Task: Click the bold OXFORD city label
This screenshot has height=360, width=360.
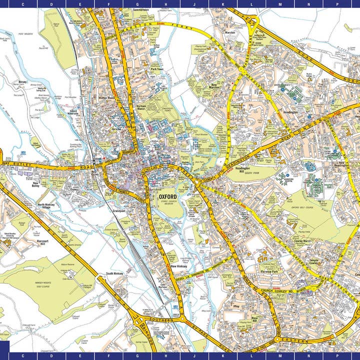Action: point(167,197)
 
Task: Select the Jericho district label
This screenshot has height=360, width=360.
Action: point(117,128)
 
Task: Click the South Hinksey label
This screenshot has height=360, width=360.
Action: point(114,274)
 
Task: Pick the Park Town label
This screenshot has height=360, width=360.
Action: point(157,69)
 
